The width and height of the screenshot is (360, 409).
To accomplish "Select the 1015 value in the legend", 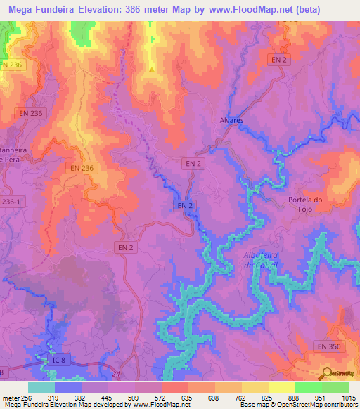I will (348, 397).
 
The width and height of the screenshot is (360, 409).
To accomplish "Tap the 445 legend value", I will (108, 397).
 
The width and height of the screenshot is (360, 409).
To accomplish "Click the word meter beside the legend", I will (11, 397).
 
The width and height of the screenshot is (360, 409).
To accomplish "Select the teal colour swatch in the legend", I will (41, 387).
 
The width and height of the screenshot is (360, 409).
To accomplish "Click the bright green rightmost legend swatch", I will (335, 387).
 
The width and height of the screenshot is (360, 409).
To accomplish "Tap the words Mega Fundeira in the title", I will (46, 10).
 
